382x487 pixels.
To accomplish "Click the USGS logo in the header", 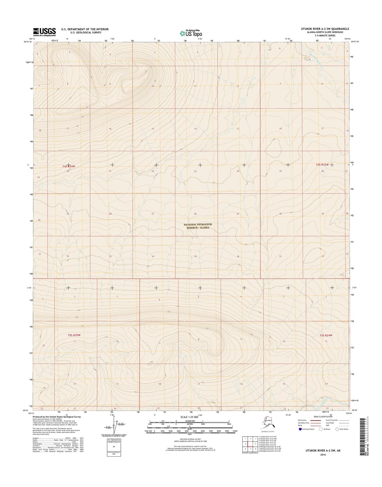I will click(44, 32).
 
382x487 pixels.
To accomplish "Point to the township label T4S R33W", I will click(322, 164).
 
